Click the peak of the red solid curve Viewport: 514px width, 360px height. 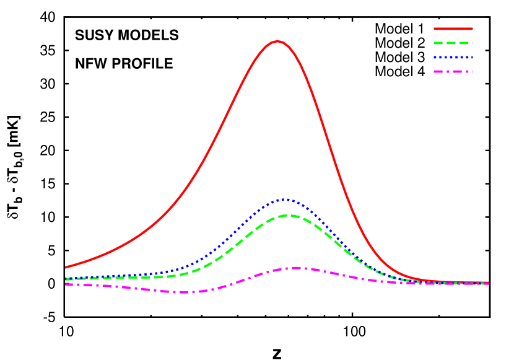point(277,42)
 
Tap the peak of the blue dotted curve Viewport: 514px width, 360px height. point(284,200)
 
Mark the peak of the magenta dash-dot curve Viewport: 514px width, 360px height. point(296,268)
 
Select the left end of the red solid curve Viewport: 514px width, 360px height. point(66,267)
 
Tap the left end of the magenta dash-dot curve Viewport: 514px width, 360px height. point(66,284)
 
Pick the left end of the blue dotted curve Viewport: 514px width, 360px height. point(66,278)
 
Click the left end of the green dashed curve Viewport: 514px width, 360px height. point(66,280)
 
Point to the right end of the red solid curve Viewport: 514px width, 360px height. point(488,283)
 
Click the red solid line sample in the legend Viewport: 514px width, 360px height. point(453,29)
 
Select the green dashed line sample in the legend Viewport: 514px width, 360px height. point(453,43)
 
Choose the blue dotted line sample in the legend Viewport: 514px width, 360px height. point(453,58)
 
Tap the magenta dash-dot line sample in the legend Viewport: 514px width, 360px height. point(453,72)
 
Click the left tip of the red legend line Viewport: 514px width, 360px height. point(434,29)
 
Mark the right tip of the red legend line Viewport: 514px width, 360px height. point(473,29)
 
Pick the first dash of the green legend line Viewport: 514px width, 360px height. point(438,43)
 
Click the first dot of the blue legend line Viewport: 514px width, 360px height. point(435,58)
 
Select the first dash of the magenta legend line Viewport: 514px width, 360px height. point(438,72)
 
